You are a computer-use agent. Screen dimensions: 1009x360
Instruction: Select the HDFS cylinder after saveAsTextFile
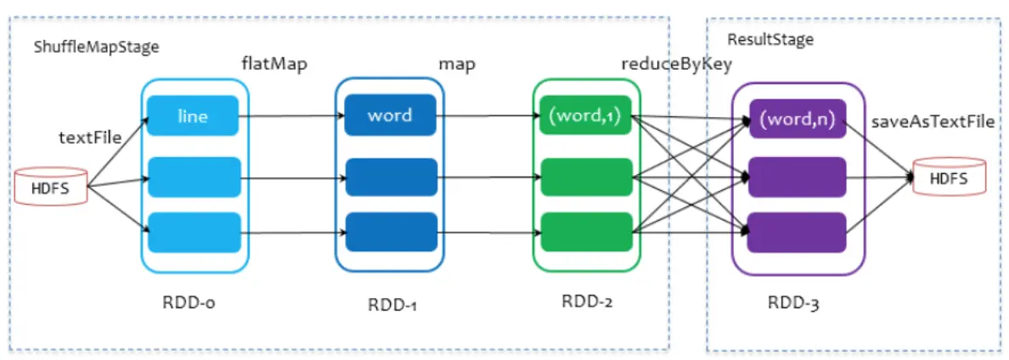[949, 178]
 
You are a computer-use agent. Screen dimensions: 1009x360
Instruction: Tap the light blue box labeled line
[194, 115]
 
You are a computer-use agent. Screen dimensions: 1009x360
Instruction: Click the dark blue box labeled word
[390, 115]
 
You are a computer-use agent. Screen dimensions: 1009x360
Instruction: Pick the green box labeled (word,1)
[586, 115]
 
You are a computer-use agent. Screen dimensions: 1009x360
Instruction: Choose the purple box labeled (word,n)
[797, 120]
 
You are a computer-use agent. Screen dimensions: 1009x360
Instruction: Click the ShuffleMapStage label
[97, 47]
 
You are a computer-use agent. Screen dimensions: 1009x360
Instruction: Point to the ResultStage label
[770, 39]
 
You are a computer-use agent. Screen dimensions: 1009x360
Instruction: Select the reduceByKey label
[676, 65]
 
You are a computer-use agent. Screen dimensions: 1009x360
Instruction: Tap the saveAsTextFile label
[933, 121]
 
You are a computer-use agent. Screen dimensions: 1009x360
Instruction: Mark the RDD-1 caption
[392, 305]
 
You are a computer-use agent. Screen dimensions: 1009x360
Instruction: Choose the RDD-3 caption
[793, 303]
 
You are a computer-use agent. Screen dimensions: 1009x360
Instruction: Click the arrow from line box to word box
[292, 116]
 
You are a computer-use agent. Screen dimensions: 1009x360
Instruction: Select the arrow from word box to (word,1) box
[488, 116]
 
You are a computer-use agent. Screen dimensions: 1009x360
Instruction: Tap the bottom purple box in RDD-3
[797, 233]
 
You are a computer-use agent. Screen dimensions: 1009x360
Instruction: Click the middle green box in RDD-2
[586, 177]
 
